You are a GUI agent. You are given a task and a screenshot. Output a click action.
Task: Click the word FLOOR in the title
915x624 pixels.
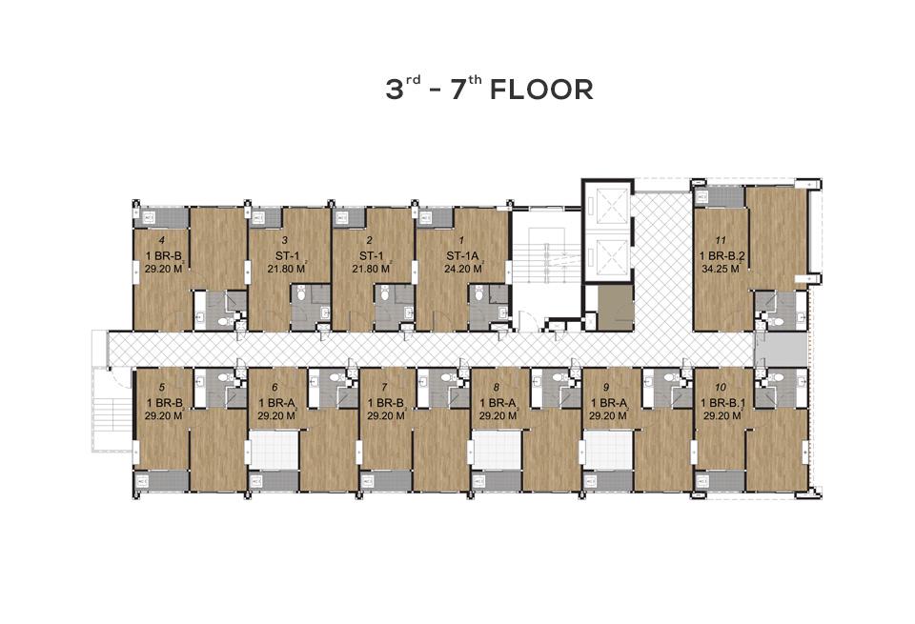click(x=541, y=91)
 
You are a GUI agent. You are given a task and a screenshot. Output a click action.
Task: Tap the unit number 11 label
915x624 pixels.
click(x=721, y=240)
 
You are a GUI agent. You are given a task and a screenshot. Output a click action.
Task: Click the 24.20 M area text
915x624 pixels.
click(x=463, y=269)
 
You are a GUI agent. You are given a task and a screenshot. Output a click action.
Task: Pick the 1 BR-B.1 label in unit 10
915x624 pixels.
click(x=722, y=402)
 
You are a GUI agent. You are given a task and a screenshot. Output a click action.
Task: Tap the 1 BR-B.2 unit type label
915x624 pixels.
click(x=722, y=255)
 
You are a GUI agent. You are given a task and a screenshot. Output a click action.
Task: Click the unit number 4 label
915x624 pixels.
click(x=162, y=240)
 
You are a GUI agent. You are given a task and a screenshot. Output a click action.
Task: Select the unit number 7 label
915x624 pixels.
click(x=384, y=387)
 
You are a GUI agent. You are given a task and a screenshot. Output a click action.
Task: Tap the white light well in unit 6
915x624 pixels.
click(x=274, y=449)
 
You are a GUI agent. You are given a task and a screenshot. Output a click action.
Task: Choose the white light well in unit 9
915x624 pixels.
click(x=609, y=449)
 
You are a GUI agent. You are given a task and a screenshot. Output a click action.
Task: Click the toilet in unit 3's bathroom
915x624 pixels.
click(x=301, y=294)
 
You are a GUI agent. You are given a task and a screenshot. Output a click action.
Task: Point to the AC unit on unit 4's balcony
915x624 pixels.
click(x=149, y=219)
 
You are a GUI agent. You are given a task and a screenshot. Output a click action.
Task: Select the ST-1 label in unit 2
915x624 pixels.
click(x=371, y=255)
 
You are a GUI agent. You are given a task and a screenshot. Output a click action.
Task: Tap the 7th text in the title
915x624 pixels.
click(x=466, y=88)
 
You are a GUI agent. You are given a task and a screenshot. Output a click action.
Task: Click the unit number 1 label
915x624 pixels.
click(x=461, y=240)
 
